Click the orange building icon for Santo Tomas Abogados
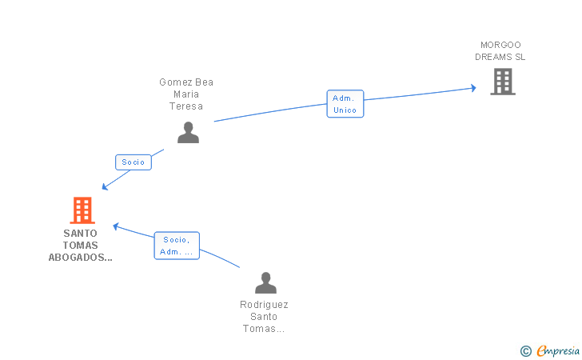coord(82,210)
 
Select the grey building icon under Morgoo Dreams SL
coord(503,82)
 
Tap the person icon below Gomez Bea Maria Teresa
coord(188,133)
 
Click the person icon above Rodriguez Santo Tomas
coord(265,282)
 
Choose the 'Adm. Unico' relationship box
coord(345,104)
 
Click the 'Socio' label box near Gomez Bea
coord(134,162)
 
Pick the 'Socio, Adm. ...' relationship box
coord(177,246)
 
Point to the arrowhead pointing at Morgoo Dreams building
coord(473,88)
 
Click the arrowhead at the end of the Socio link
coord(105,187)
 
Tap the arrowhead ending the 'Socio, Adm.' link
coord(116,226)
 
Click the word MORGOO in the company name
coord(500,45)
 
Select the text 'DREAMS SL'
coord(500,57)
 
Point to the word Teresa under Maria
coord(186,106)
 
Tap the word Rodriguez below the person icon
coord(264,305)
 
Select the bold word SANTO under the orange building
coord(80,234)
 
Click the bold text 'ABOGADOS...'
coord(80,258)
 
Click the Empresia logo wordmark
coord(558,350)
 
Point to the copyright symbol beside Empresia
coord(526,351)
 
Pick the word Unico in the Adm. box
coord(345,110)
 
